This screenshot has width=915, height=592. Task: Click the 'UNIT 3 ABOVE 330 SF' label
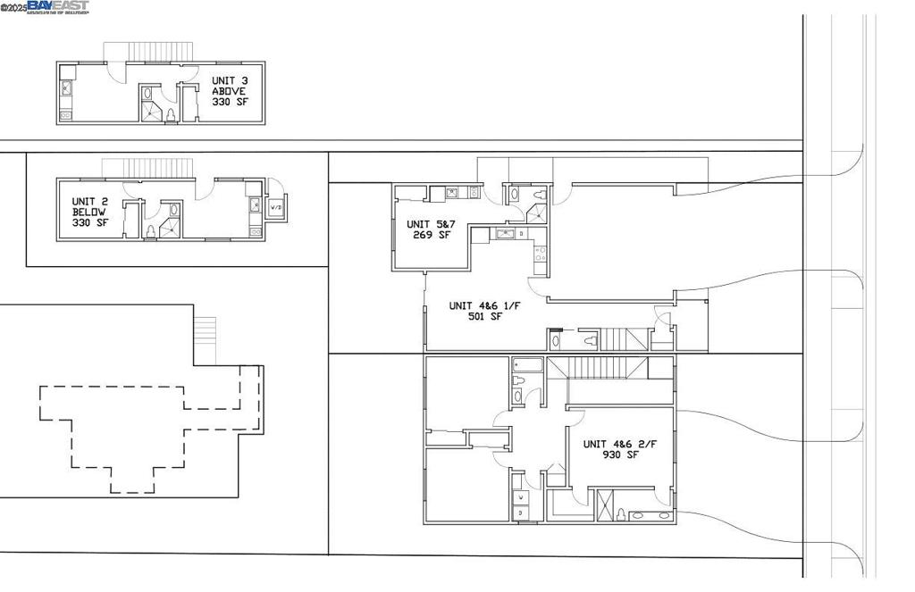point(229,91)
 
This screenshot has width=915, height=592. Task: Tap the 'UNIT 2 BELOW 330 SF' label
point(90,213)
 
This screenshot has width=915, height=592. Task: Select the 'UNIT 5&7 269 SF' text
point(429,230)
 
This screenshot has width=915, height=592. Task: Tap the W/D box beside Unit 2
point(277,207)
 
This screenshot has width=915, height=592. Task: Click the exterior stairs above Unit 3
point(149,51)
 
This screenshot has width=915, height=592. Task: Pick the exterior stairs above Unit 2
point(148,168)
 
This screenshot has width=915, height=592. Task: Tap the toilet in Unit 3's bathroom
point(172,114)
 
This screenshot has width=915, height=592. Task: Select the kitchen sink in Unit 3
point(66,88)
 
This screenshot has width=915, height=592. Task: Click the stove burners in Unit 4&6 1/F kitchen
point(538,254)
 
